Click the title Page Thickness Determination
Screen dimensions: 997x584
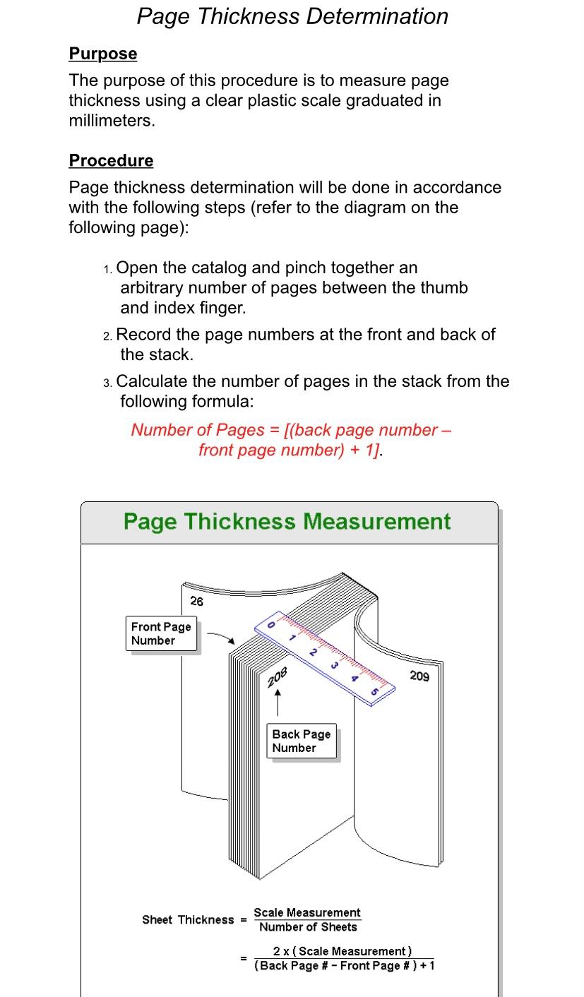click(x=292, y=16)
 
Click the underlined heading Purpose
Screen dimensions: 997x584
click(x=103, y=54)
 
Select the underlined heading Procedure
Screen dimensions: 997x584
click(x=111, y=160)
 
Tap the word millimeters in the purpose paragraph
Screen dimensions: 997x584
click(x=109, y=120)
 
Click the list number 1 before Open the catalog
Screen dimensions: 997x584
click(x=107, y=269)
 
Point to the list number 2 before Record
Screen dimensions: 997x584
click(x=107, y=336)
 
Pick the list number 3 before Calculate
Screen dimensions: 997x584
click(x=107, y=383)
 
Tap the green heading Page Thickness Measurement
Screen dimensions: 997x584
click(x=287, y=521)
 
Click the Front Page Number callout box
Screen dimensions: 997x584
click(x=161, y=633)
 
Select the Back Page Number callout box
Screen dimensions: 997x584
click(x=302, y=741)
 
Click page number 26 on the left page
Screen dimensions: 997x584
click(x=197, y=601)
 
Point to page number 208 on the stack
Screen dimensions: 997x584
click(x=277, y=676)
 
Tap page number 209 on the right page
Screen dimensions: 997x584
click(x=419, y=676)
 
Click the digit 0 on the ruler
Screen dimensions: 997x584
click(x=270, y=625)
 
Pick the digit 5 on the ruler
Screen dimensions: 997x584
click(x=374, y=691)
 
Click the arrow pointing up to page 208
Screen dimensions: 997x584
click(x=278, y=703)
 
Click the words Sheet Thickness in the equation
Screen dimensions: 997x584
click(x=188, y=919)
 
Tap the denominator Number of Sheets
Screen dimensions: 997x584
click(x=308, y=927)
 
